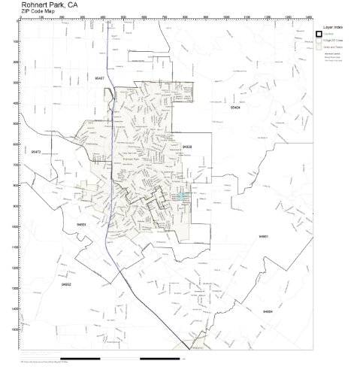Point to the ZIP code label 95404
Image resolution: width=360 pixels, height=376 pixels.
[x=236, y=108]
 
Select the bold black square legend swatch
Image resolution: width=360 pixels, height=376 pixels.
[x=319, y=35]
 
